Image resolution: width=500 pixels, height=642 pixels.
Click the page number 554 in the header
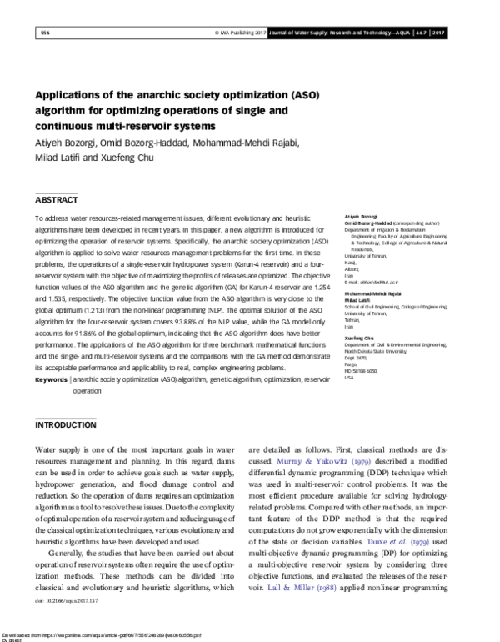(45, 33)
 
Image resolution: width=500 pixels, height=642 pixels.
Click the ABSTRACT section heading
(56, 200)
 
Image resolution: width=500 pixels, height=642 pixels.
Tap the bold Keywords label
(51, 379)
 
